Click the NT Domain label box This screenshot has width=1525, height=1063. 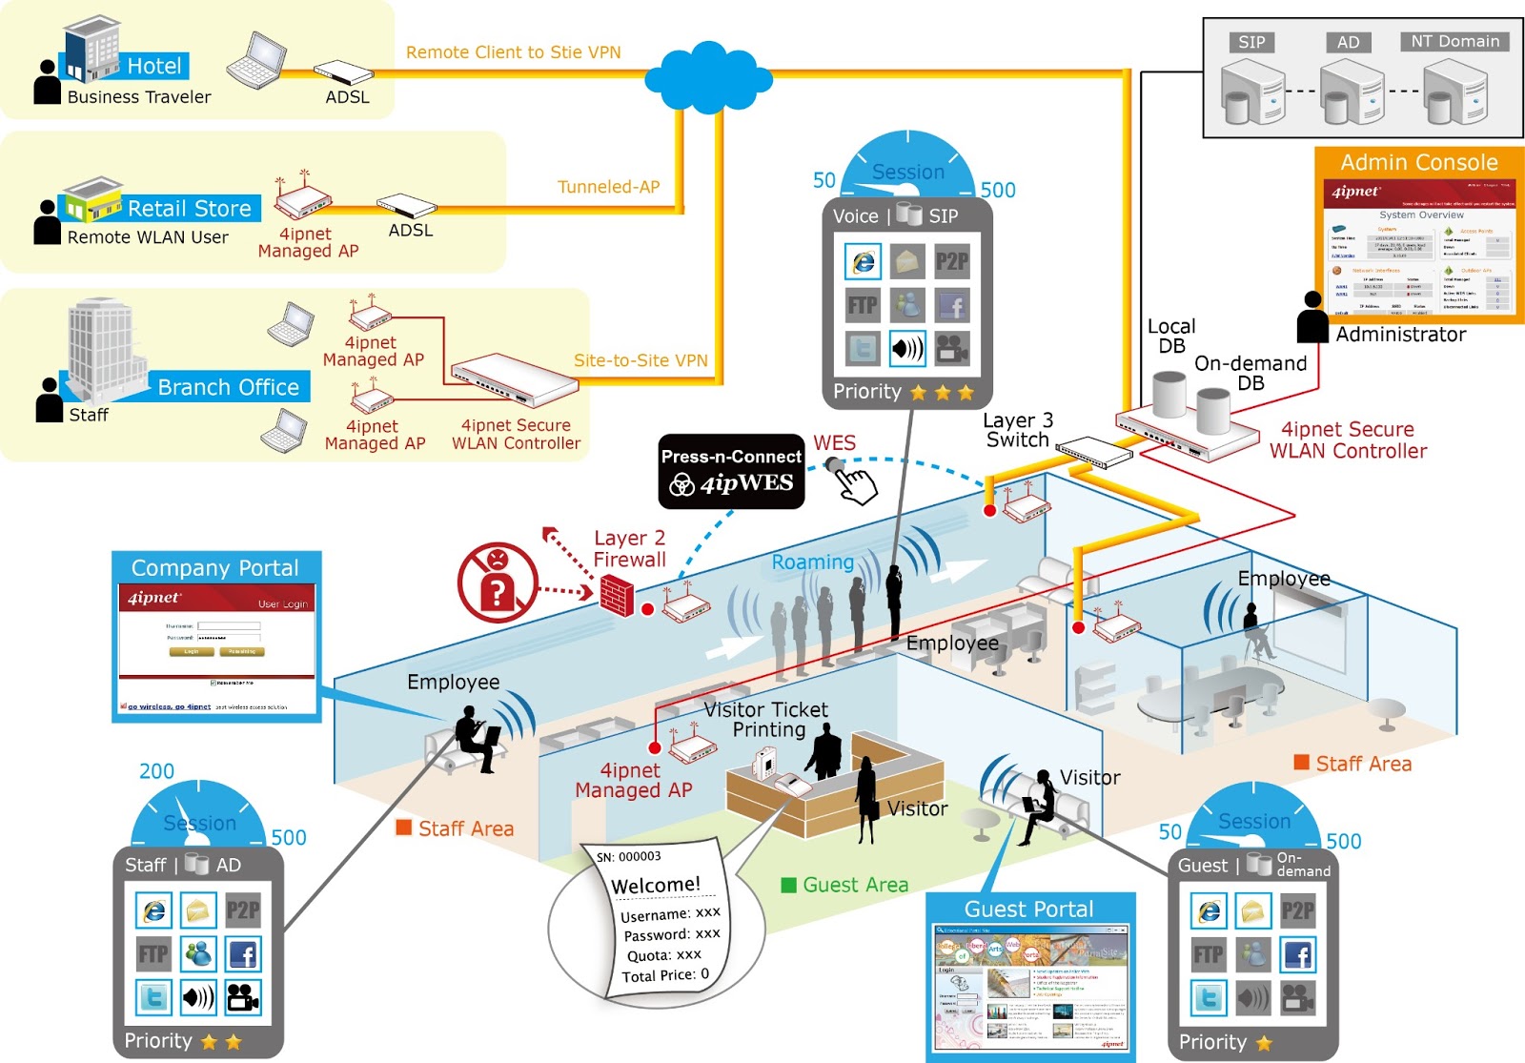[1454, 41]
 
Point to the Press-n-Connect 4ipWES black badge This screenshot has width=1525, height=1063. [731, 471]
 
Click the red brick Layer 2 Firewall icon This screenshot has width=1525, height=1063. [617, 597]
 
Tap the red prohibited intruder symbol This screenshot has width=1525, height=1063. [497, 582]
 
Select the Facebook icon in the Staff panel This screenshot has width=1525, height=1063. [243, 954]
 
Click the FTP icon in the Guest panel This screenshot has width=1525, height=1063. [1209, 954]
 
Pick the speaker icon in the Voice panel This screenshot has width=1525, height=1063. [907, 349]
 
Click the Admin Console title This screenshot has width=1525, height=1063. [1418, 162]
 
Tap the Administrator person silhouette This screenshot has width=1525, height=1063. [1312, 317]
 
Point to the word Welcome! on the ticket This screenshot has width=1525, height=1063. [656, 886]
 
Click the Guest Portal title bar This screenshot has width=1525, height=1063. [1029, 909]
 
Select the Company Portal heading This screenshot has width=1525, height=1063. [215, 567]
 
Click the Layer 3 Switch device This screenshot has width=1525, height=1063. [1093, 450]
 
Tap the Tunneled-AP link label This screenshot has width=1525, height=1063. [608, 187]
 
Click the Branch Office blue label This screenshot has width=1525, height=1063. [228, 387]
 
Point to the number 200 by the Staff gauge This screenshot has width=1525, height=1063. [157, 771]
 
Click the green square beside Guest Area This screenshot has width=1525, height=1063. [788, 885]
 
